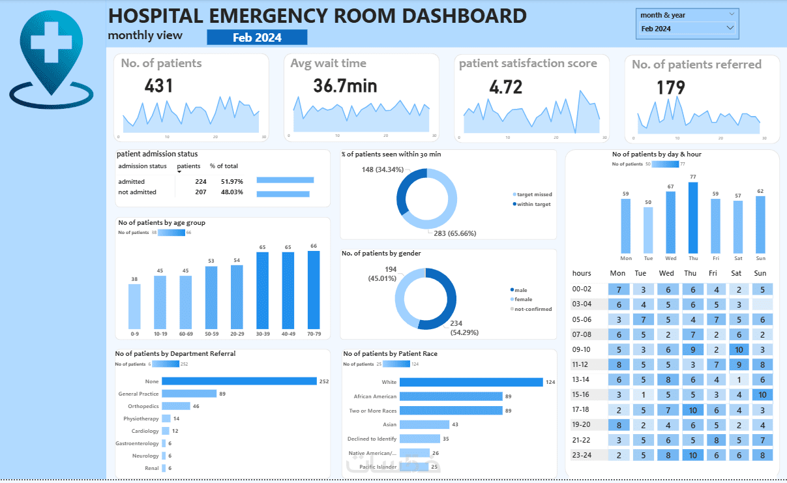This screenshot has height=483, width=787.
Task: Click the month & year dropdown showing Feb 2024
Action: (687, 29)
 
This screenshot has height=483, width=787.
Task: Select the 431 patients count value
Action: (158, 85)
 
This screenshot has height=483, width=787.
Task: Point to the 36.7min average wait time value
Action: (345, 85)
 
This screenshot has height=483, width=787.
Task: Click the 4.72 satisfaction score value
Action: (505, 87)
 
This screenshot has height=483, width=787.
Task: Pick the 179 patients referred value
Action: (670, 87)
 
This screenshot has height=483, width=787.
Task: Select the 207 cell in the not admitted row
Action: (200, 192)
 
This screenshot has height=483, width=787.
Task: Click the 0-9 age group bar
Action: (134, 306)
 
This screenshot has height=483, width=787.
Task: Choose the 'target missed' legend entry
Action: (532, 194)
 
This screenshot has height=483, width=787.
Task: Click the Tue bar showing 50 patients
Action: (648, 230)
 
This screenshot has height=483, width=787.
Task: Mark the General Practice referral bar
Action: (188, 394)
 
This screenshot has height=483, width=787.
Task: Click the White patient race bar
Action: (471, 382)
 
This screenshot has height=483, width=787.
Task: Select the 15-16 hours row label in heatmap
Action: (582, 394)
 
